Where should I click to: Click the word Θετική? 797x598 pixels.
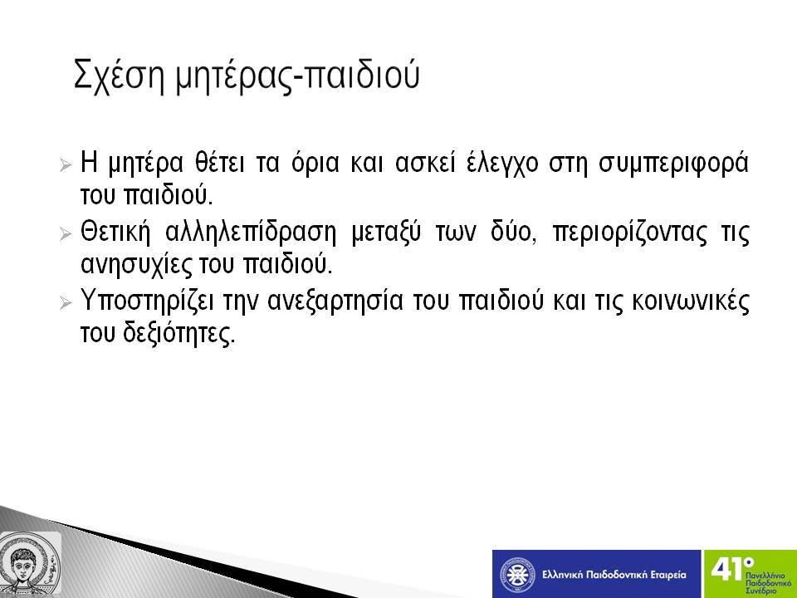[116, 232]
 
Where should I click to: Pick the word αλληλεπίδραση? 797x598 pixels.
[251, 233]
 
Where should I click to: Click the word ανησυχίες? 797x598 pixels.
[137, 265]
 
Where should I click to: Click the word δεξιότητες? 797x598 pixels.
[179, 334]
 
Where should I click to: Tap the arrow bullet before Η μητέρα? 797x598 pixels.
[65, 164]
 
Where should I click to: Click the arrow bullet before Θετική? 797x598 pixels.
[65, 234]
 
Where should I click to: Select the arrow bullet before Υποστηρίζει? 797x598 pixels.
[65, 303]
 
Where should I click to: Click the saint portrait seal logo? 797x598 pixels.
[30, 563]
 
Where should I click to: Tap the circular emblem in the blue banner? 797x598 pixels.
[517, 575]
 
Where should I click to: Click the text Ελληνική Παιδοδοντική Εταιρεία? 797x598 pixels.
[614, 575]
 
